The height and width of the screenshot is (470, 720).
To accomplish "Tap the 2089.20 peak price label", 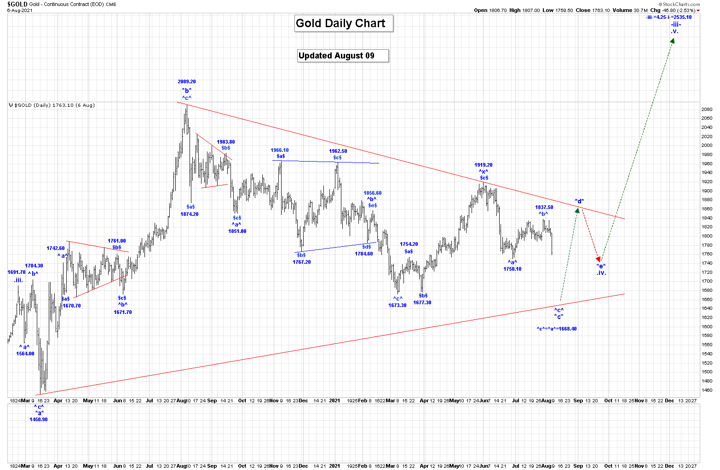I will pyautogui.click(x=187, y=82).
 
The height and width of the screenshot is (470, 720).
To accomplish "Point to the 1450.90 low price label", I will pyautogui.click(x=39, y=419).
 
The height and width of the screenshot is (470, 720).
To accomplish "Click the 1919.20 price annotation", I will pyautogui.click(x=484, y=165).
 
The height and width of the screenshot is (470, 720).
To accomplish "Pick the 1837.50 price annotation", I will pyautogui.click(x=544, y=207).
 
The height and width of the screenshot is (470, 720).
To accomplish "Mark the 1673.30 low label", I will pyautogui.click(x=397, y=305).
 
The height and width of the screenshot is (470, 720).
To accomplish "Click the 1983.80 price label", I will pyautogui.click(x=226, y=142).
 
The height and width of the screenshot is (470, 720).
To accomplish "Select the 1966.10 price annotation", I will pyautogui.click(x=280, y=150).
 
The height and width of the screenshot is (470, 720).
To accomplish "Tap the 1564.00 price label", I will pyautogui.click(x=25, y=354).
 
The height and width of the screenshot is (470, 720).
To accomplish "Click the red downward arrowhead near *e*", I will pyautogui.click(x=598, y=260).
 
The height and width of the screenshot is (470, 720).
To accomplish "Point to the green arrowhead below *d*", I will pyautogui.click(x=577, y=210).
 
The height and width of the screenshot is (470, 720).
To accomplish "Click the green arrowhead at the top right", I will pyautogui.click(x=672, y=41).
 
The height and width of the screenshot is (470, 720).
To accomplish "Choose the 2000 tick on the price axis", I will pyautogui.click(x=707, y=145).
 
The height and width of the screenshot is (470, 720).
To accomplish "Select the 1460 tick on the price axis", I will pyautogui.click(x=707, y=390).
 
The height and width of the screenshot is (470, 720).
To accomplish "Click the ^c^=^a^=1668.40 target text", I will pyautogui.click(x=556, y=329).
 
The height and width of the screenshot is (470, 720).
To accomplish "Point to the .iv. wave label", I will pyautogui.click(x=601, y=273).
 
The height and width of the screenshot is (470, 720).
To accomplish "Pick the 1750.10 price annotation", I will pyautogui.click(x=512, y=269).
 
